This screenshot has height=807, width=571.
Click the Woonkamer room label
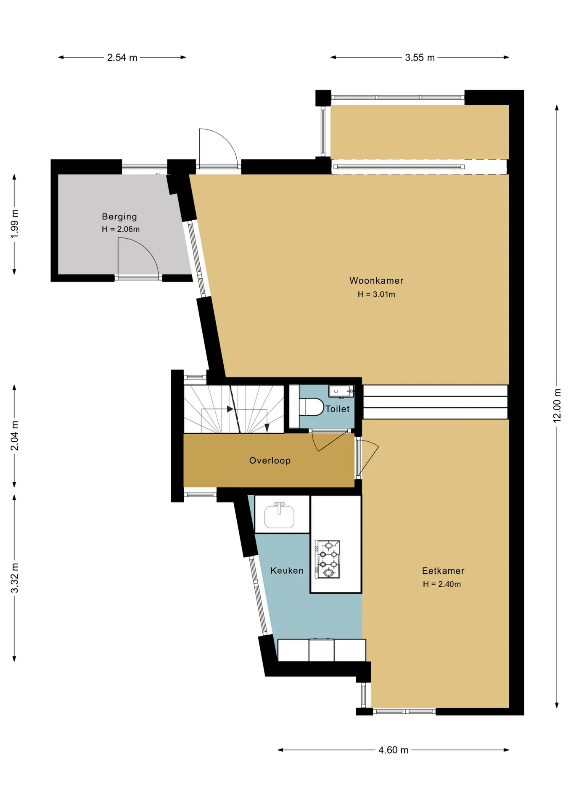tap(376, 280)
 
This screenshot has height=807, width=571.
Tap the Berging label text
tap(119, 217)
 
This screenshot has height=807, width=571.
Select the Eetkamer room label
tap(443, 571)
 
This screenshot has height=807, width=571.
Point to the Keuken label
tap(287, 570)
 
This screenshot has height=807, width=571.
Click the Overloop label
tap(270, 461)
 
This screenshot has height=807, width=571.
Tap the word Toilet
tap(338, 409)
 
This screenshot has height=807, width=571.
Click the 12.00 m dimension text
tap(557, 406)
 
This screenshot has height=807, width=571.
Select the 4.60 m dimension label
tap(394, 750)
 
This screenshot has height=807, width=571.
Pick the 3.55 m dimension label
tap(420, 58)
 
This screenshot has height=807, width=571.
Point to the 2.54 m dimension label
tap(122, 58)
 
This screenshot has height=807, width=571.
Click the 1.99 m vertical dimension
tap(15, 224)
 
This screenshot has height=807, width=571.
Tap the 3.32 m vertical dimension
tap(15, 578)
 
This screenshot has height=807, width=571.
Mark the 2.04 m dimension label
tap(15, 435)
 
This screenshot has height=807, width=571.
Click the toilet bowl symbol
tap(311, 407)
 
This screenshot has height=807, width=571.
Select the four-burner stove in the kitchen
tap(328, 559)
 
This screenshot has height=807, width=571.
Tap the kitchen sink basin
tap(279, 515)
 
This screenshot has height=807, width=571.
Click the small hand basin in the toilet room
tap(341, 391)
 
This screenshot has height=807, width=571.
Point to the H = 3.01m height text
tap(376, 295)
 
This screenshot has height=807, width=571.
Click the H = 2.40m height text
tap(442, 584)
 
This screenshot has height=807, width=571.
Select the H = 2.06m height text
tap(121, 229)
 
